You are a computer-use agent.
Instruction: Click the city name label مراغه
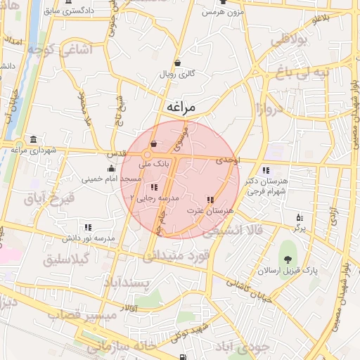(191, 106)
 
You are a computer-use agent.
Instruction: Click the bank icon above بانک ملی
(153, 143)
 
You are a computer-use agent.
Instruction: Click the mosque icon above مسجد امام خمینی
(110, 168)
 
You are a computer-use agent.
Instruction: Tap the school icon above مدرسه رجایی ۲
(153, 186)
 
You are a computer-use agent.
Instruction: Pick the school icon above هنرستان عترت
(210, 200)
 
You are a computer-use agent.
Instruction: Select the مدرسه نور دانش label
(88, 238)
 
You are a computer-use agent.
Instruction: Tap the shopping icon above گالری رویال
(177, 62)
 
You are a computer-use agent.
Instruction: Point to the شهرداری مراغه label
(29, 150)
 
